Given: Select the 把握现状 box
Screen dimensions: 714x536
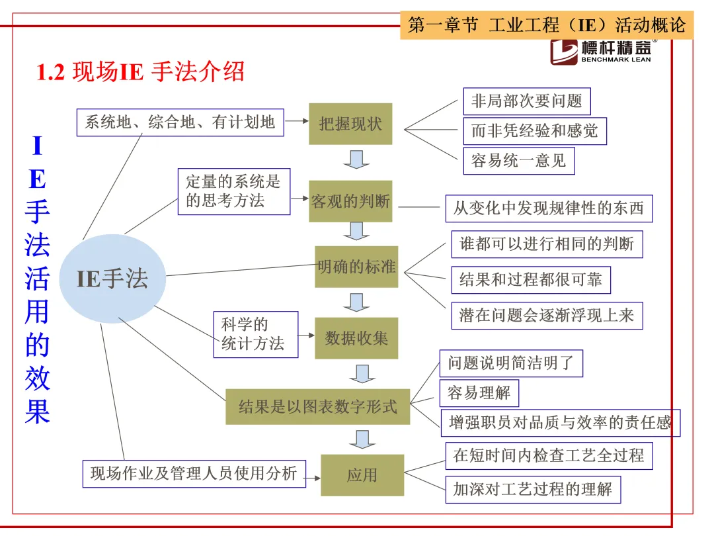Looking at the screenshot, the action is (x=350, y=124).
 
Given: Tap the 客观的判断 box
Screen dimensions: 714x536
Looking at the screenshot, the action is (x=350, y=201).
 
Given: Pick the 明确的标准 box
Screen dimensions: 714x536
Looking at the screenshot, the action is (x=356, y=267).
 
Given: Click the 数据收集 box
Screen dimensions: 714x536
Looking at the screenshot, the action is (x=356, y=338).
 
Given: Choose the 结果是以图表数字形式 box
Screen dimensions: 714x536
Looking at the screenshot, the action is (x=317, y=406).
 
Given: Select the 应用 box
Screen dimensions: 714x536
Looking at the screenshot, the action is (x=362, y=474).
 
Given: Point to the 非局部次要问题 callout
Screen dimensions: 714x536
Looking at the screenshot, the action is (x=526, y=101).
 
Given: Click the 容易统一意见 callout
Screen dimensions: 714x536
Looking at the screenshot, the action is (x=518, y=161).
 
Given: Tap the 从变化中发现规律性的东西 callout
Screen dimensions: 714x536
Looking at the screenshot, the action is (x=548, y=208).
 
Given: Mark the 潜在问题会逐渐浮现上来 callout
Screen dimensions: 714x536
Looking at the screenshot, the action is (x=547, y=315).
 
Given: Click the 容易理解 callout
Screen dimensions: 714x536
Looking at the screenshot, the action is (x=479, y=393).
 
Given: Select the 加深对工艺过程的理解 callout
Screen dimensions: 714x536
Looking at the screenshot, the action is (x=533, y=490).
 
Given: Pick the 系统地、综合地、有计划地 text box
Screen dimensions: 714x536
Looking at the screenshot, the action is (x=180, y=122).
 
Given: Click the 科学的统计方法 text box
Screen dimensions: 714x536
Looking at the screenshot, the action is (x=255, y=334).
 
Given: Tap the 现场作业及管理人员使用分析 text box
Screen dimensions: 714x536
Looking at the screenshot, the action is (x=194, y=474).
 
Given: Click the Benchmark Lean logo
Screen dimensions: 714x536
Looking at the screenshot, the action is (x=604, y=52).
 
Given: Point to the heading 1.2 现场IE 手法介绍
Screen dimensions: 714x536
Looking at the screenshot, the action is (x=141, y=71).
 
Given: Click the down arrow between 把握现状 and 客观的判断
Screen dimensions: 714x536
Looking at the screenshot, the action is (x=356, y=159).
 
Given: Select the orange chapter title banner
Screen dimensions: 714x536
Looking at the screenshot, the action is (x=547, y=25).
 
